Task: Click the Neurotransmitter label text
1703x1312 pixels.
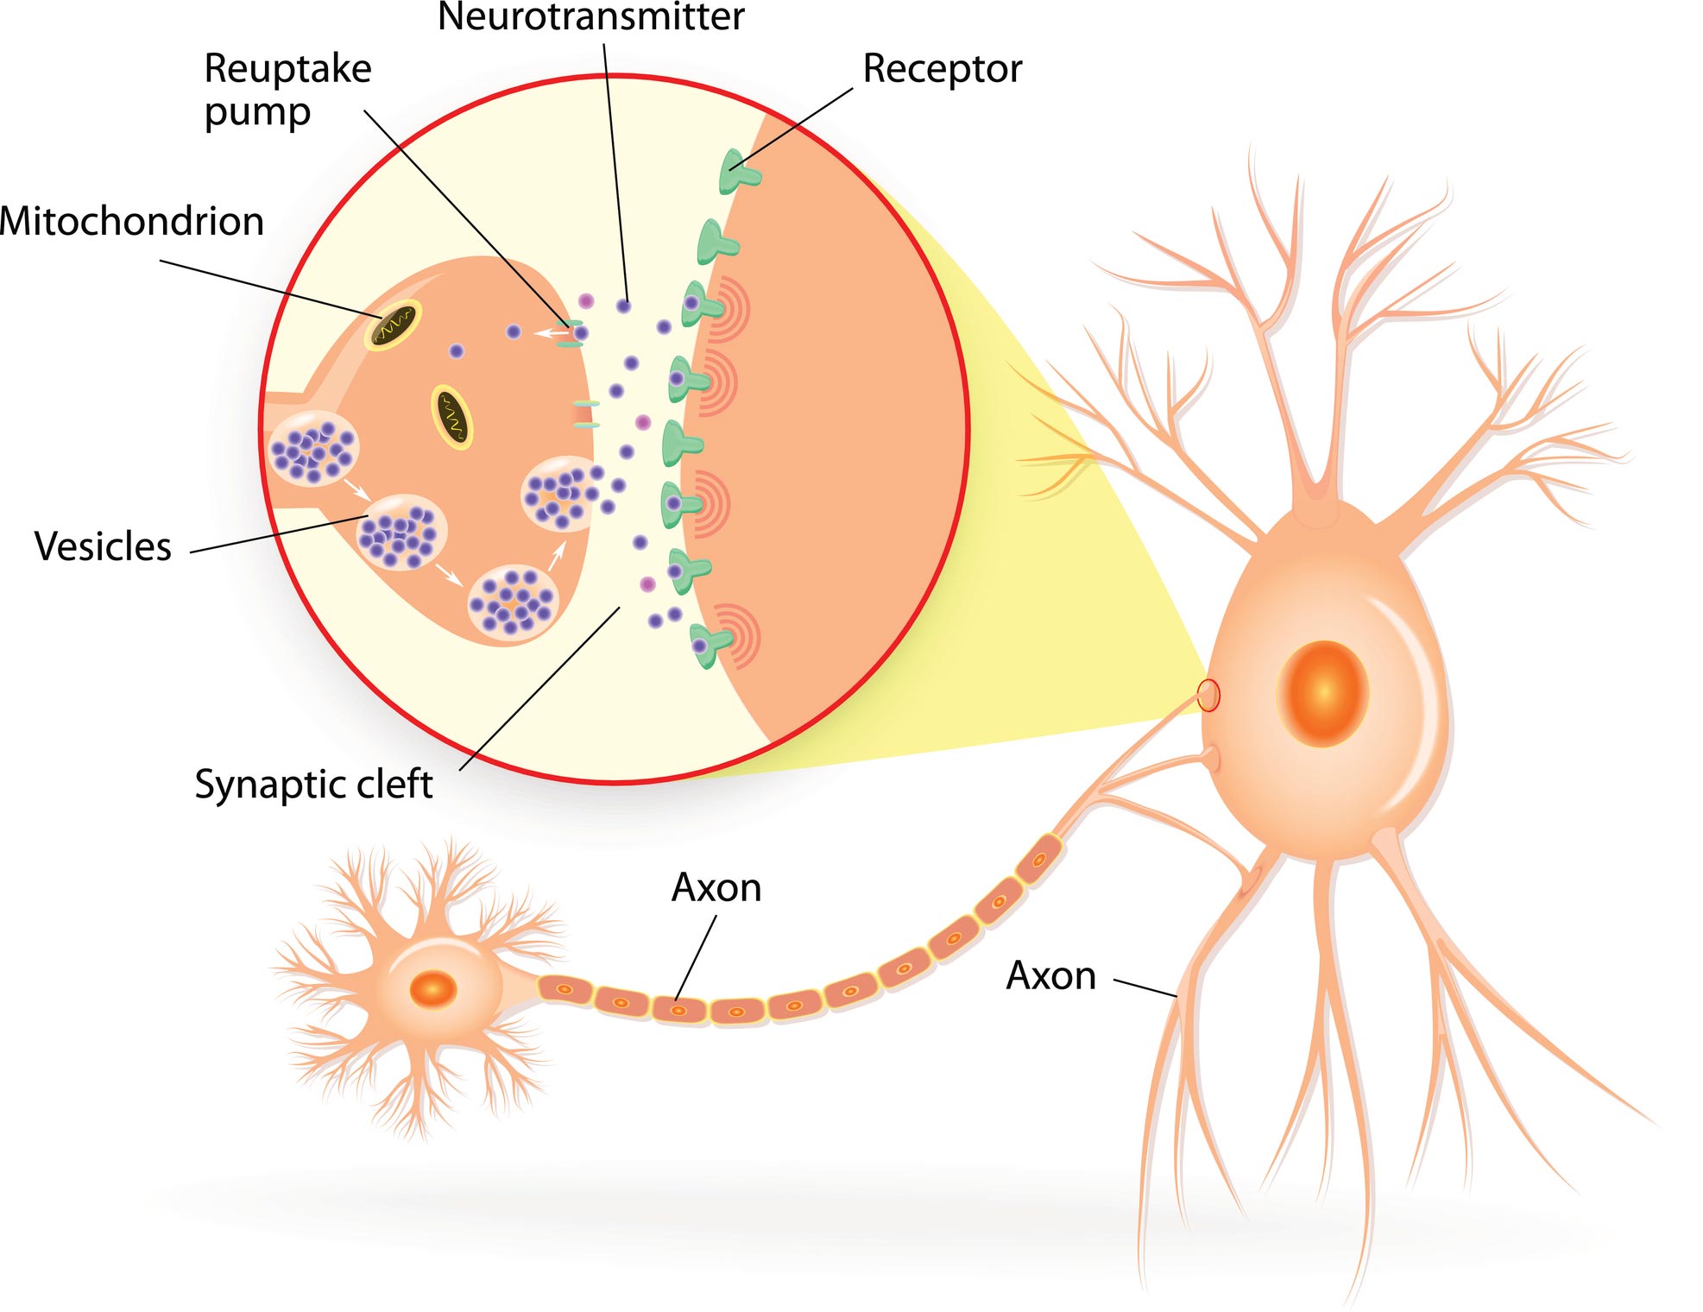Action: (x=590, y=17)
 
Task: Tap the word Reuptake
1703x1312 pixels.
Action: (x=287, y=69)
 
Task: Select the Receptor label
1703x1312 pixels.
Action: (x=942, y=69)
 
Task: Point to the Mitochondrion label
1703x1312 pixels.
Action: (x=131, y=222)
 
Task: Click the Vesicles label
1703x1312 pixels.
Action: (x=103, y=546)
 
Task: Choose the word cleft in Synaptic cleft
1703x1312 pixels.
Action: (x=394, y=784)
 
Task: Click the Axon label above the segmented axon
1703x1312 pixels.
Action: (x=716, y=887)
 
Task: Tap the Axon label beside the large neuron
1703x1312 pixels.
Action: (x=1050, y=976)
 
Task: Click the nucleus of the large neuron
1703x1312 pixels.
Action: (x=1322, y=693)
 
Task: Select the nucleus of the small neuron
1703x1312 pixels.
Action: (x=432, y=988)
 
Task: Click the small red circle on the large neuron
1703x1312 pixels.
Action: (x=1209, y=695)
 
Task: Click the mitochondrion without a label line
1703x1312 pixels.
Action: (x=452, y=416)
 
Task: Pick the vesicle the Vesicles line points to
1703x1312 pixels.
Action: (x=401, y=532)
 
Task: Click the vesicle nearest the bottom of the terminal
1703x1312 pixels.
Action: (x=513, y=603)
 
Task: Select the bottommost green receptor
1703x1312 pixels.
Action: (x=710, y=643)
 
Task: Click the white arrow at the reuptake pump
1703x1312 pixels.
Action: (x=547, y=332)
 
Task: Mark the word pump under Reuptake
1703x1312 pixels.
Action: (x=257, y=113)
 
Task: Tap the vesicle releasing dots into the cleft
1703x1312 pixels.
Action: (x=558, y=494)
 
